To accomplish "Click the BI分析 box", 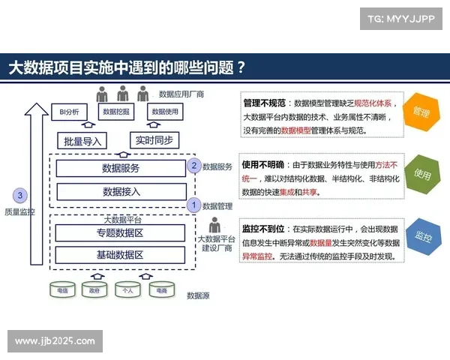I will (70, 112).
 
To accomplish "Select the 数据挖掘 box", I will (116, 112).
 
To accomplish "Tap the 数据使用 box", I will (165, 112).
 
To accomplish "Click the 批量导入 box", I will (82, 140).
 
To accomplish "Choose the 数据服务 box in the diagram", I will (121, 168).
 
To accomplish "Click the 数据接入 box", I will (121, 191).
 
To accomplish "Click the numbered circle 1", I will (193, 204).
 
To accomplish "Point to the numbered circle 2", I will (193, 165).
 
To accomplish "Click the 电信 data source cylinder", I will (63, 289).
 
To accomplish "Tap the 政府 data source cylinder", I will (94, 289).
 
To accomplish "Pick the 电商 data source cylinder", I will (160, 289).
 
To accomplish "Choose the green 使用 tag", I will (421, 175).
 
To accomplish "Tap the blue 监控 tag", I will (421, 239).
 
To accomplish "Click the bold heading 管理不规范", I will (262, 103).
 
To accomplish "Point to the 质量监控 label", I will (19, 212).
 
